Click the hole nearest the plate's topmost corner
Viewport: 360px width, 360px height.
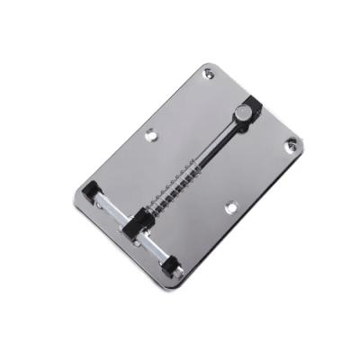[209, 76]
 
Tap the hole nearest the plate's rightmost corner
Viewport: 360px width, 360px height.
[291, 144]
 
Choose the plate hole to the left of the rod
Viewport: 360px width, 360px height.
[150, 138]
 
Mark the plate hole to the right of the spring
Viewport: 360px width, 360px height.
[233, 206]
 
